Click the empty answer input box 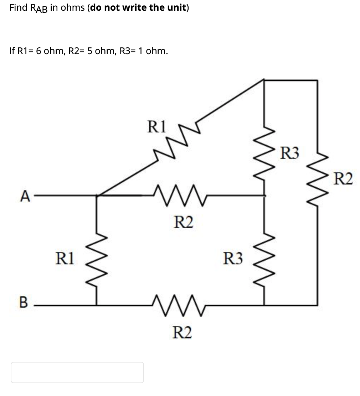click(77, 372)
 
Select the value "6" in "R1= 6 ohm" click(38, 51)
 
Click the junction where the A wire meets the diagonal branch click(97, 195)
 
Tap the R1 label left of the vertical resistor click(65, 258)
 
